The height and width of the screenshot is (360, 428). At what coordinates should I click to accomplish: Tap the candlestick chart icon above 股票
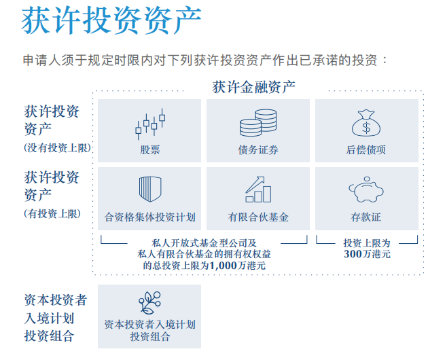click(149, 124)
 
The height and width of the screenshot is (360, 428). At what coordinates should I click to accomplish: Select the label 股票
click(149, 150)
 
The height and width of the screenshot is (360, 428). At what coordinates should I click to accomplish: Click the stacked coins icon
click(257, 124)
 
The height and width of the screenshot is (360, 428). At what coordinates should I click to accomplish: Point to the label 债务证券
click(257, 150)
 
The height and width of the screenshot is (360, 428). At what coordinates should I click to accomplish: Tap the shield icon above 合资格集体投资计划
click(149, 189)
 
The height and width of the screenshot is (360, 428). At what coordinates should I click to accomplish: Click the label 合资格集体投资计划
click(149, 217)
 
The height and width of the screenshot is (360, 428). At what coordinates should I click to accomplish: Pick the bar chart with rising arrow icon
click(257, 189)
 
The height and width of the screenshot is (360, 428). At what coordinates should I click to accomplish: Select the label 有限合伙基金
click(257, 217)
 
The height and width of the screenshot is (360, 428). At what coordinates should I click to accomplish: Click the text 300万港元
click(367, 255)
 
